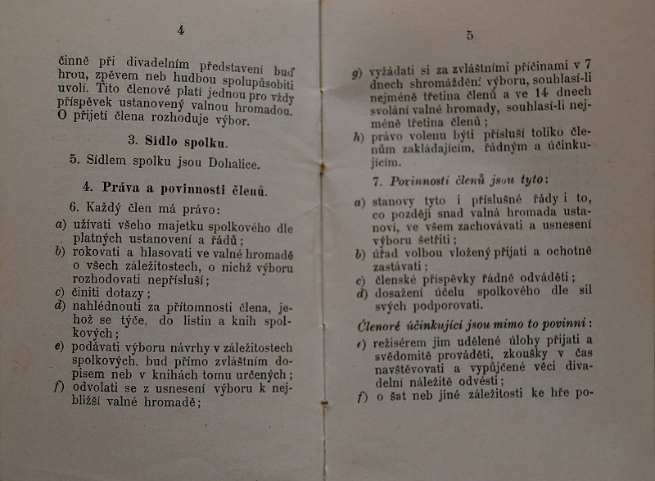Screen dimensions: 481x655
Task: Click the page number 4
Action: [180, 30]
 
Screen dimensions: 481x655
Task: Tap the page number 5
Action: [470, 35]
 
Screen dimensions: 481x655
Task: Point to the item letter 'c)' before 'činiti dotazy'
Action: [60, 293]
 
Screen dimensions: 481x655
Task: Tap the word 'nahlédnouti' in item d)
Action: [109, 307]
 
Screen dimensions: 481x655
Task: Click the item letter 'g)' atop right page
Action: [357, 73]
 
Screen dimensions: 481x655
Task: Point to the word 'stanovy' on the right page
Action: [393, 201]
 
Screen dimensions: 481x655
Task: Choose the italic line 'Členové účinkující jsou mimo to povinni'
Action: [474, 325]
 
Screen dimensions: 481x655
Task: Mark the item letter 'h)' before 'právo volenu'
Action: [358, 137]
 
